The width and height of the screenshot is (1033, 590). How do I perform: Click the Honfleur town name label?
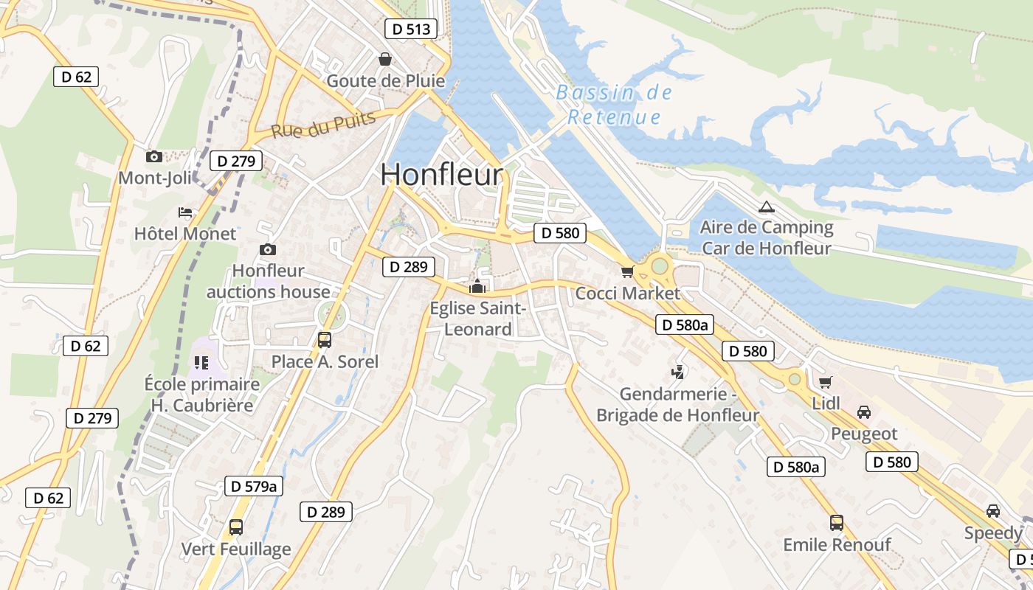click(x=442, y=175)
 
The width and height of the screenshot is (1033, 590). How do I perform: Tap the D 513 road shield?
click(x=411, y=29)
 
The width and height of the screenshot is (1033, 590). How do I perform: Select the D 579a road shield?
click(x=254, y=486)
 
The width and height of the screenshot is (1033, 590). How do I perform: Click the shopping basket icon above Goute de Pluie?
click(x=384, y=59)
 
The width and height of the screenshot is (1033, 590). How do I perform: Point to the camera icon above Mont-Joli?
click(x=153, y=156)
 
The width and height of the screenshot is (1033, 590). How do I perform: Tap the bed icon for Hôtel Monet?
click(x=185, y=212)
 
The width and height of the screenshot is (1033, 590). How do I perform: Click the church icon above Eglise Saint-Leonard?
click(x=477, y=286)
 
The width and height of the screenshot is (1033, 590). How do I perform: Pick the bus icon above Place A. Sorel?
click(x=325, y=339)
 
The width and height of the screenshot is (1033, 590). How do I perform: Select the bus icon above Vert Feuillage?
click(x=236, y=527)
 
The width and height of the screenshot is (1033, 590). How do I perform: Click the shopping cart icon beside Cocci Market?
click(x=627, y=271)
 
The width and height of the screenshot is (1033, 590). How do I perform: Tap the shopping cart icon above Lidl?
click(x=825, y=382)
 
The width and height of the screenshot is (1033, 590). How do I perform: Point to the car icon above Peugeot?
click(x=864, y=412)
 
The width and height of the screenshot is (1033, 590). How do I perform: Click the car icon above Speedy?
click(x=993, y=511)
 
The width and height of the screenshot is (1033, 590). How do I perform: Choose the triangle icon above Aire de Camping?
click(x=766, y=206)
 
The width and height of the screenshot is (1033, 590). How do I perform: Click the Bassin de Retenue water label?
click(x=614, y=105)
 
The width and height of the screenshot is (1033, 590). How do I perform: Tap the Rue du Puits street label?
click(x=323, y=125)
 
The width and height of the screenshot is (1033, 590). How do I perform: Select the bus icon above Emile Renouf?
click(x=837, y=523)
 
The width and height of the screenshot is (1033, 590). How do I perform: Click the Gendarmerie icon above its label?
click(x=677, y=372)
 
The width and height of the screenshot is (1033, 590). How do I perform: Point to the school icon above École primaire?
click(x=201, y=362)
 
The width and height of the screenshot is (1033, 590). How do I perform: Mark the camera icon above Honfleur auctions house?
click(x=268, y=250)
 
